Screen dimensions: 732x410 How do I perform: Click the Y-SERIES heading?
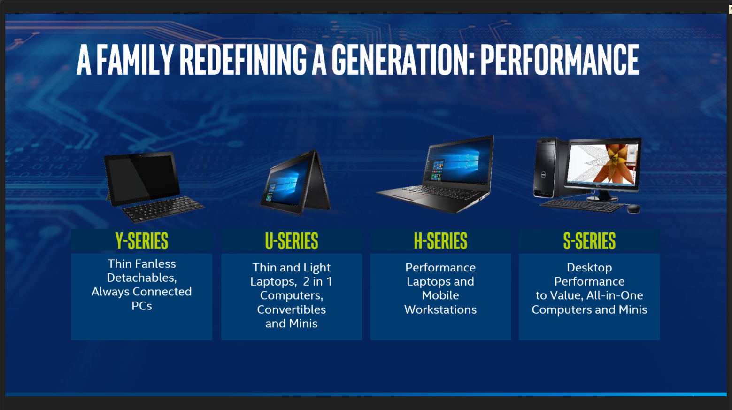click(141, 241)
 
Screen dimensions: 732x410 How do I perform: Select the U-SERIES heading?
click(292, 241)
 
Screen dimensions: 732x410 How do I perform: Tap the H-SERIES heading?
click(440, 241)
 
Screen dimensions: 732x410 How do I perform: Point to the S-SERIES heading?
click(590, 241)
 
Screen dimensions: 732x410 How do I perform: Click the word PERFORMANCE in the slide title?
click(560, 60)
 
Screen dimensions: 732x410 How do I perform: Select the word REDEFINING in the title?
click(243, 60)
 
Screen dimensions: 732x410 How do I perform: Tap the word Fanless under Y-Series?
click(155, 263)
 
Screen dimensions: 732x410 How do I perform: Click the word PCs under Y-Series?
click(141, 306)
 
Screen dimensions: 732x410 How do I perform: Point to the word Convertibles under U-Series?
click(292, 309)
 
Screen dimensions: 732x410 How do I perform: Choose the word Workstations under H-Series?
click(440, 309)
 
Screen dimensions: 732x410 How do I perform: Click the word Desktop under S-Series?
click(590, 267)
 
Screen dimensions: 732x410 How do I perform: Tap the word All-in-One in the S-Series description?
click(615, 295)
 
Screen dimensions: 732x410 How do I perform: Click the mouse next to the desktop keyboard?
click(633, 209)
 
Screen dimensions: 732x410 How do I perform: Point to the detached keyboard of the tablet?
click(163, 209)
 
